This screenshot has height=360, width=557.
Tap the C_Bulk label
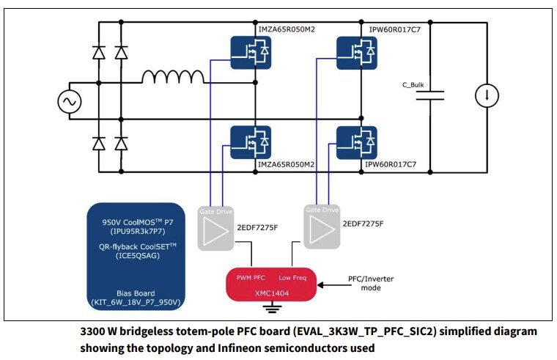413,84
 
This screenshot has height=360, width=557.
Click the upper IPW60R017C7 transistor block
357,50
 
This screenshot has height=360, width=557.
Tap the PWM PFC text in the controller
250,277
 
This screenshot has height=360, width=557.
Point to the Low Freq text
293,277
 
